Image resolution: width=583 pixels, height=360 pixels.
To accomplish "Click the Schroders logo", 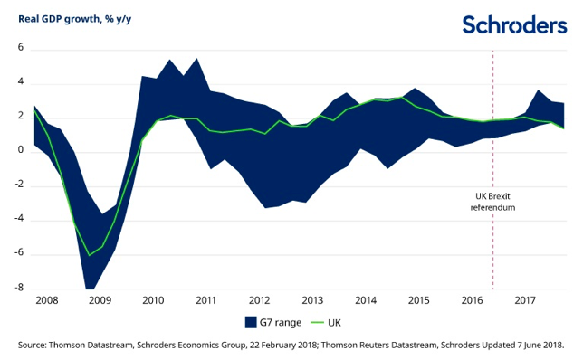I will (x=514, y=24).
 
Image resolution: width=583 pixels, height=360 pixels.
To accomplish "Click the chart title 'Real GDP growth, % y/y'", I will (x=80, y=16).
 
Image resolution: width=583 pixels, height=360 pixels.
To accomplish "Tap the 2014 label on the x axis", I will (x=365, y=299).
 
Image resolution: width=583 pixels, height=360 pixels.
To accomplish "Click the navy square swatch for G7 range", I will (x=253, y=321).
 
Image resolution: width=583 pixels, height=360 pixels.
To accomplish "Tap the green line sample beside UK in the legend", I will (x=313, y=321).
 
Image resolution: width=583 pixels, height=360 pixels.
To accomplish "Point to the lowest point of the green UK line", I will (x=90, y=256).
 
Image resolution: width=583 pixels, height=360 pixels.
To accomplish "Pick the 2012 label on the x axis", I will (x=260, y=299).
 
